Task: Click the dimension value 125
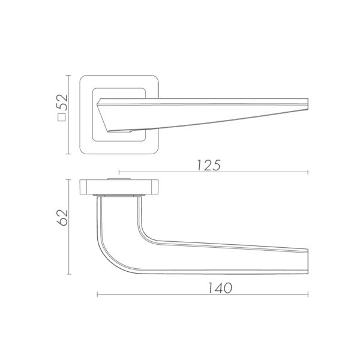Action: tap(209, 165)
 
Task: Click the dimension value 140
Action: tap(220, 288)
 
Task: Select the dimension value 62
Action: tap(62, 218)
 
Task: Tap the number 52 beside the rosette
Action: tap(62, 103)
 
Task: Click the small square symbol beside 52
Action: tap(62, 118)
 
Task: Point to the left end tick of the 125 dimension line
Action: tap(119, 172)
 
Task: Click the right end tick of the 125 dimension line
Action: tap(308, 172)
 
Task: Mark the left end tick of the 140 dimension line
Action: tap(97, 295)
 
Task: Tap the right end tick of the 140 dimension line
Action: tap(308, 295)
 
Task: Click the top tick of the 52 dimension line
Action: tap(68, 76)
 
